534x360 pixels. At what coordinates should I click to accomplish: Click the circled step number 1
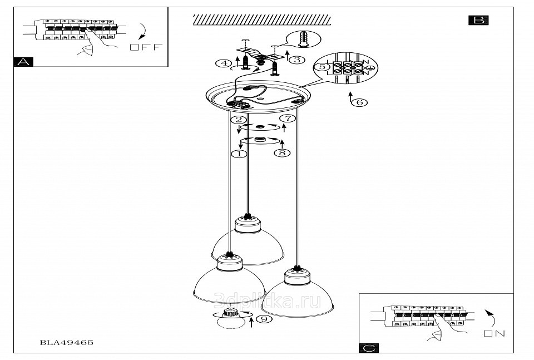coord(239,154)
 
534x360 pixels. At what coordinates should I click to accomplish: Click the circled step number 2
coord(239,120)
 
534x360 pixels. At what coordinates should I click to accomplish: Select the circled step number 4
coord(224,64)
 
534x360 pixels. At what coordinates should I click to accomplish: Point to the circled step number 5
coord(321,67)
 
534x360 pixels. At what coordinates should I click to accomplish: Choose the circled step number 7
coord(286,118)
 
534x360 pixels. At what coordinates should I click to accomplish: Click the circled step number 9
coord(265,319)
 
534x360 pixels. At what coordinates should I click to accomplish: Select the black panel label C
coord(369,348)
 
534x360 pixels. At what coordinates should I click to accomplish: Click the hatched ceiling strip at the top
coord(261,20)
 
